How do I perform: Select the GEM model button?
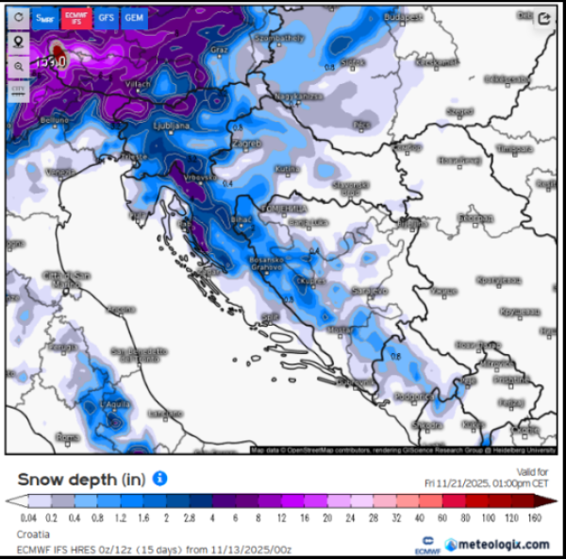pos(134,17)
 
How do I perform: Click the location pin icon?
pos(19,42)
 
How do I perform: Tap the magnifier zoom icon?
pos(19,66)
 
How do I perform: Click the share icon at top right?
pos(544,18)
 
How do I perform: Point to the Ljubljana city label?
pos(172,125)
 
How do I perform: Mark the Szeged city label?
pos(459,110)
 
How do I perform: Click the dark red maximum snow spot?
pos(58,53)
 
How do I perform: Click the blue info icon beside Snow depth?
pos(160,479)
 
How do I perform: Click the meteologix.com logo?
pos(497,544)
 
